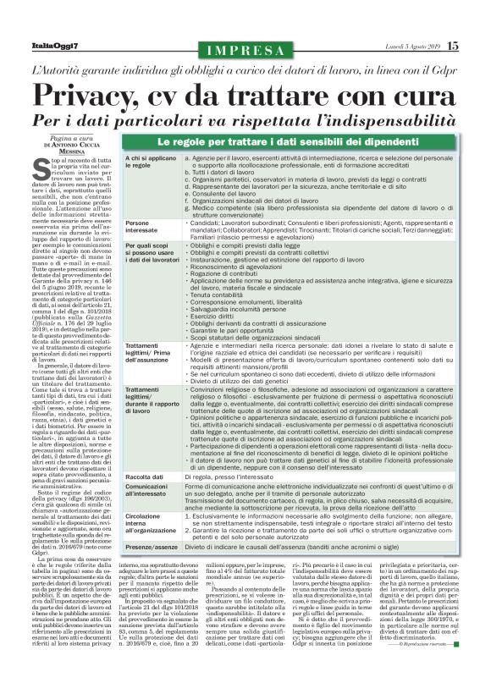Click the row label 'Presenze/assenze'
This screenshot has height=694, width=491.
click(x=154, y=548)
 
